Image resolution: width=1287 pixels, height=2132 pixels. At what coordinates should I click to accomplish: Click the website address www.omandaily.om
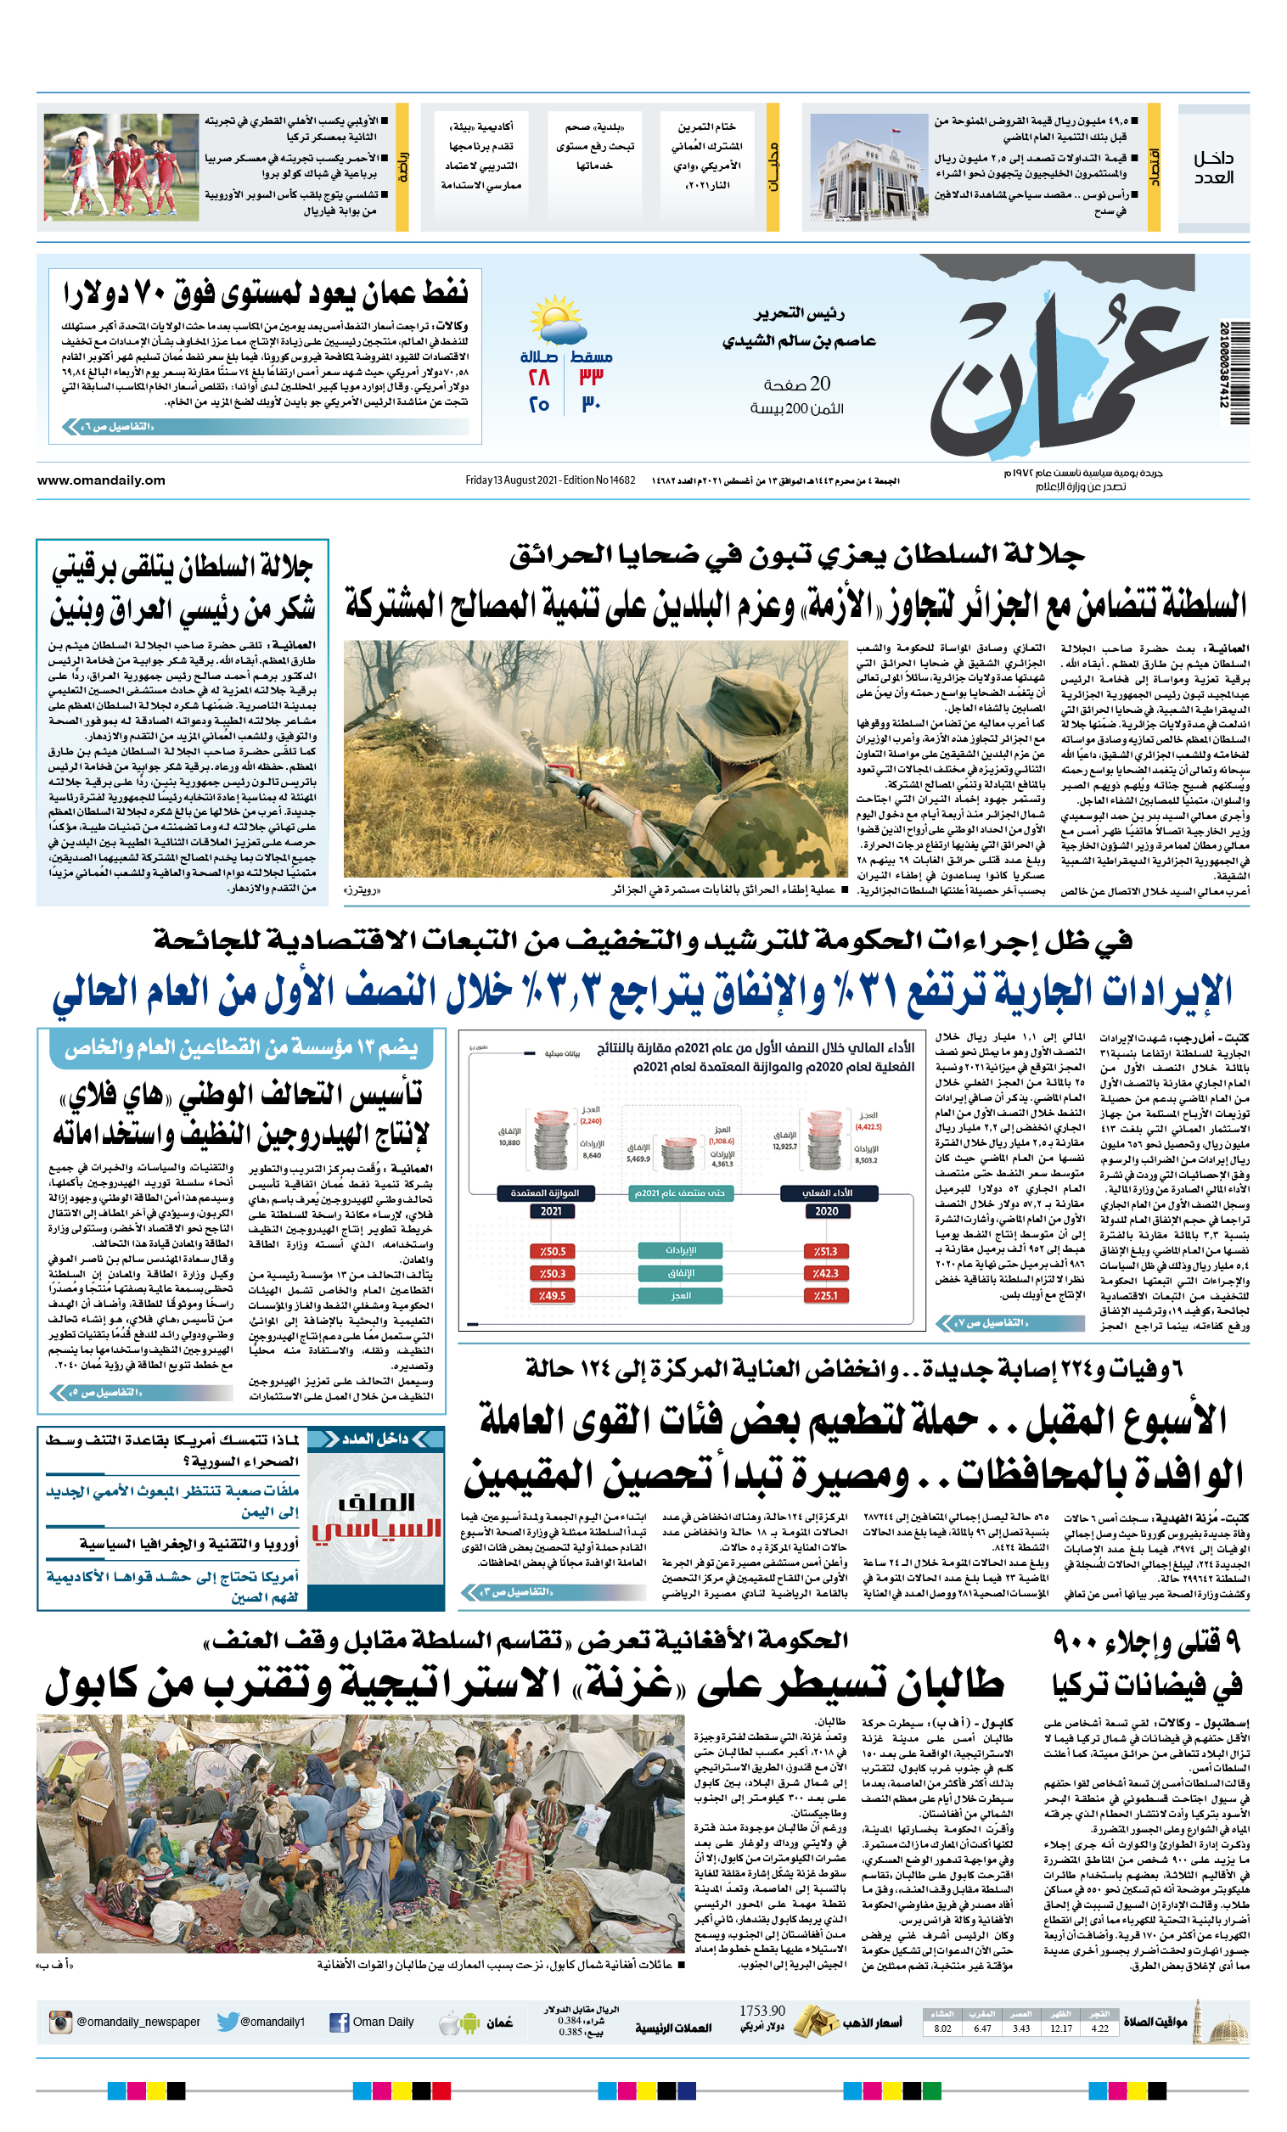click(x=101, y=480)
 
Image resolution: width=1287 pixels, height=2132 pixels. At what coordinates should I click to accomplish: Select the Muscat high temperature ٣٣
click(x=592, y=377)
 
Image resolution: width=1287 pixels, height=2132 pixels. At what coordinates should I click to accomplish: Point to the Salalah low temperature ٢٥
click(x=539, y=404)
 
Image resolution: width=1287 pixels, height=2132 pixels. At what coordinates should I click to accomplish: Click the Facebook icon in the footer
click(x=340, y=2023)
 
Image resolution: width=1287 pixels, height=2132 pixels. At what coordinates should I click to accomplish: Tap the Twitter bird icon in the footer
click(x=228, y=2023)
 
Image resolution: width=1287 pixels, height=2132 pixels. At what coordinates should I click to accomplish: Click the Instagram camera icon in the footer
click(x=60, y=2023)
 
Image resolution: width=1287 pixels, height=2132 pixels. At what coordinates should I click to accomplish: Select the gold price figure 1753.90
click(x=762, y=2011)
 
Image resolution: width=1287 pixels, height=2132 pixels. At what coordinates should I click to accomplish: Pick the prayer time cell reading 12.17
click(x=1061, y=2028)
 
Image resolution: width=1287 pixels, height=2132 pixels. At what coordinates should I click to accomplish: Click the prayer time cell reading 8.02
click(x=942, y=2028)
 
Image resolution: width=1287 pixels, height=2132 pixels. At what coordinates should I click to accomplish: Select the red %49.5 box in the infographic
click(x=552, y=1295)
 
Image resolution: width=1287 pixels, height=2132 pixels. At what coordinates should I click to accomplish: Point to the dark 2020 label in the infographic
click(x=826, y=1211)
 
